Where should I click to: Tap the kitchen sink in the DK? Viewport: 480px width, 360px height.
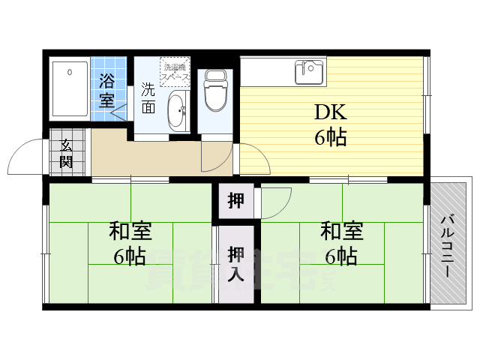309,72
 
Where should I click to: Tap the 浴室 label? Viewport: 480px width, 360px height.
107,88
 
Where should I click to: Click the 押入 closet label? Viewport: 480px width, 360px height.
235,263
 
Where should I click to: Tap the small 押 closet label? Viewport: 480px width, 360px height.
235,201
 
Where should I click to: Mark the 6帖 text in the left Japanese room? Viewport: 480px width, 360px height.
129,257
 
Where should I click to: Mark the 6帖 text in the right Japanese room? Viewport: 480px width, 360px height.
340,257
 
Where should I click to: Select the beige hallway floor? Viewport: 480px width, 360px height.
142,157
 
